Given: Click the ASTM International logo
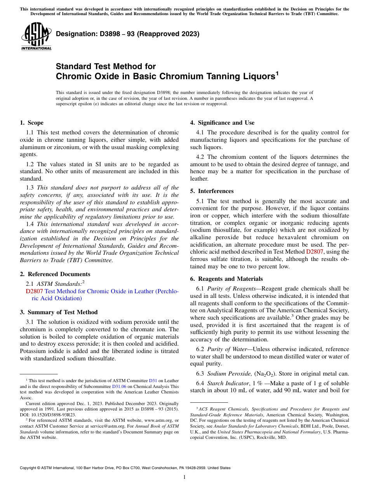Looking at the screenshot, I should (36, 37).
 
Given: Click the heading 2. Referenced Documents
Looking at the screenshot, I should (55, 274).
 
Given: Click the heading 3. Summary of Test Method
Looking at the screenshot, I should (59, 312).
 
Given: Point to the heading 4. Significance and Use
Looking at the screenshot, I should (222, 123).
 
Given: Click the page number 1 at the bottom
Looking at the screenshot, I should (184, 477).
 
